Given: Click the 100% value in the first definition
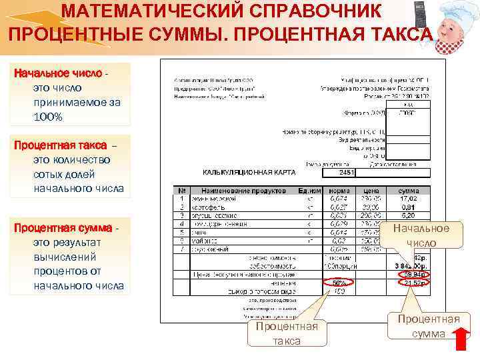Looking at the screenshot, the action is pyautogui.click(x=48, y=117).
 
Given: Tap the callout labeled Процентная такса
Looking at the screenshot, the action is pyautogui.click(x=287, y=333).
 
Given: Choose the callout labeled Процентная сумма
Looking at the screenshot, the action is pyautogui.click(x=429, y=326).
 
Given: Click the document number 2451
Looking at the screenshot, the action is pyautogui.click(x=346, y=173).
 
